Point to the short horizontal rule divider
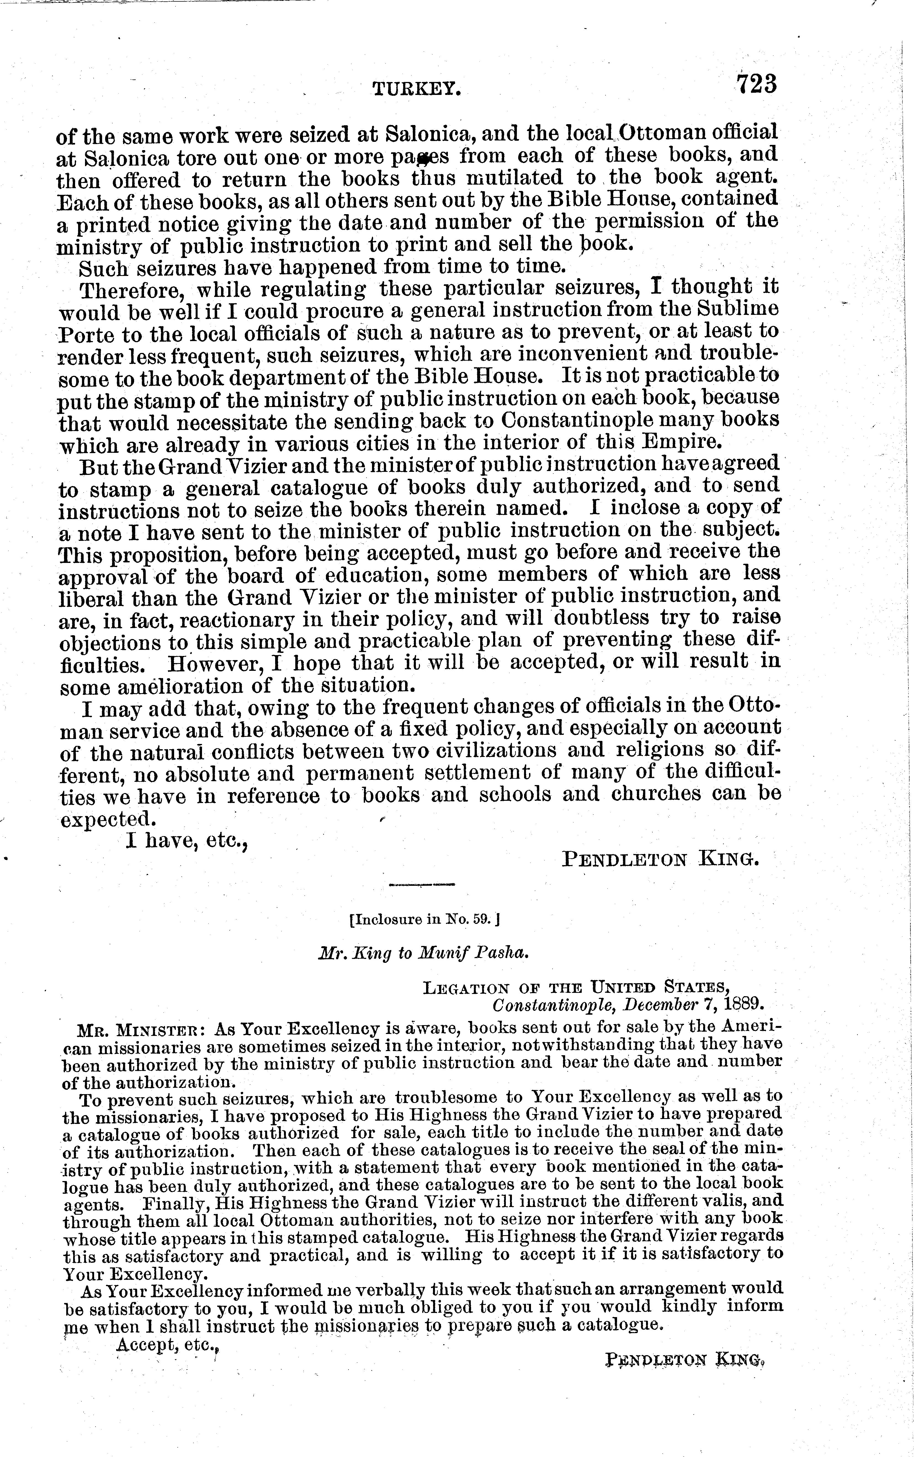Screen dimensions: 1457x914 click(x=421, y=885)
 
